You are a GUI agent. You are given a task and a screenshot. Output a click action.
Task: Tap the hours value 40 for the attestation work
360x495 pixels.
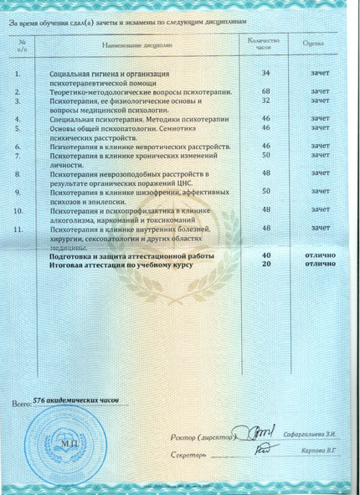[265, 254]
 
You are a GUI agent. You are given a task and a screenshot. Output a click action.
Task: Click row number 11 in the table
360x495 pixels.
[20, 228]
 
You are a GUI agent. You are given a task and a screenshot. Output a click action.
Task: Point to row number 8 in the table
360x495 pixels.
[18, 173]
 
